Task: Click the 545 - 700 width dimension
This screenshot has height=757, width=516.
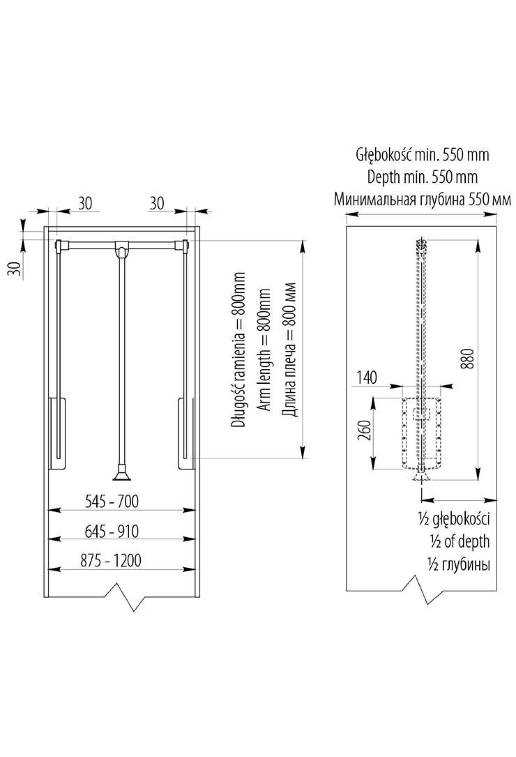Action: tap(112, 502)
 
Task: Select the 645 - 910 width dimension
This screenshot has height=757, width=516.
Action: tap(112, 532)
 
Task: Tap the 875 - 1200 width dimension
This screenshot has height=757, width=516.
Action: tap(111, 561)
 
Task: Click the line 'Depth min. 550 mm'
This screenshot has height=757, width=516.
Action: tap(422, 177)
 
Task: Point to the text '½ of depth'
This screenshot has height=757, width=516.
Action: tap(459, 542)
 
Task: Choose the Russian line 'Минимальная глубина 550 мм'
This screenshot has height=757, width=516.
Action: tap(422, 200)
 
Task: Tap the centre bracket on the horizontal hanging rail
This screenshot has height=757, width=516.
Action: tap(121, 248)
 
